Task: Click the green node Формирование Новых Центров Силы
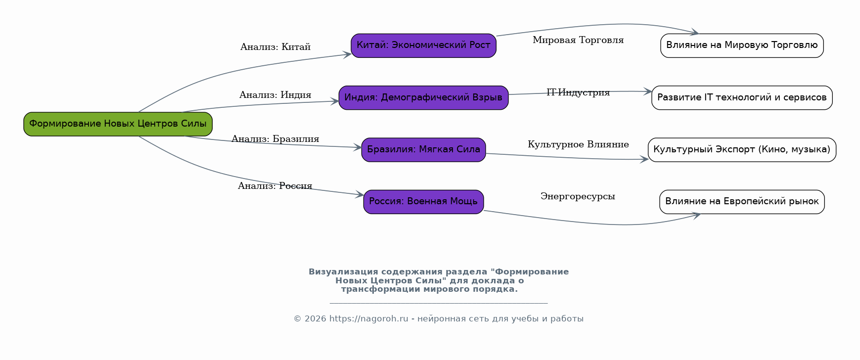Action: tap(118, 124)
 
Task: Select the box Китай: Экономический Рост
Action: tap(423, 45)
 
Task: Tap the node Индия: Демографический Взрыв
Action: tap(423, 97)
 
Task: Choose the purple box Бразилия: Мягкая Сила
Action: tap(423, 150)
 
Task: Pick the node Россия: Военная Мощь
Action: tap(423, 202)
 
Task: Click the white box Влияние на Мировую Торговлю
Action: tap(742, 45)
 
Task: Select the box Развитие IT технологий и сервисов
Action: tap(742, 97)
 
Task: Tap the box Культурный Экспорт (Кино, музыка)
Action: tap(742, 150)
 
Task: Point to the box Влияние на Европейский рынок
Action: tap(742, 202)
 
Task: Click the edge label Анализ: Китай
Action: tap(275, 47)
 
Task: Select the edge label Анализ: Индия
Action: tap(275, 95)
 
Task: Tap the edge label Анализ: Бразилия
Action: tap(275, 139)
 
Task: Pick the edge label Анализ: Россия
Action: tap(275, 186)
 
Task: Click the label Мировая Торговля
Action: tap(578, 40)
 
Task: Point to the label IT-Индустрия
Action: tap(578, 92)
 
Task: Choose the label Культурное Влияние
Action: tap(578, 144)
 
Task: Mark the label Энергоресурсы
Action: tap(578, 196)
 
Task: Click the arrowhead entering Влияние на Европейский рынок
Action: tap(696, 215)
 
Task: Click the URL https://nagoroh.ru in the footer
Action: tap(368, 319)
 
